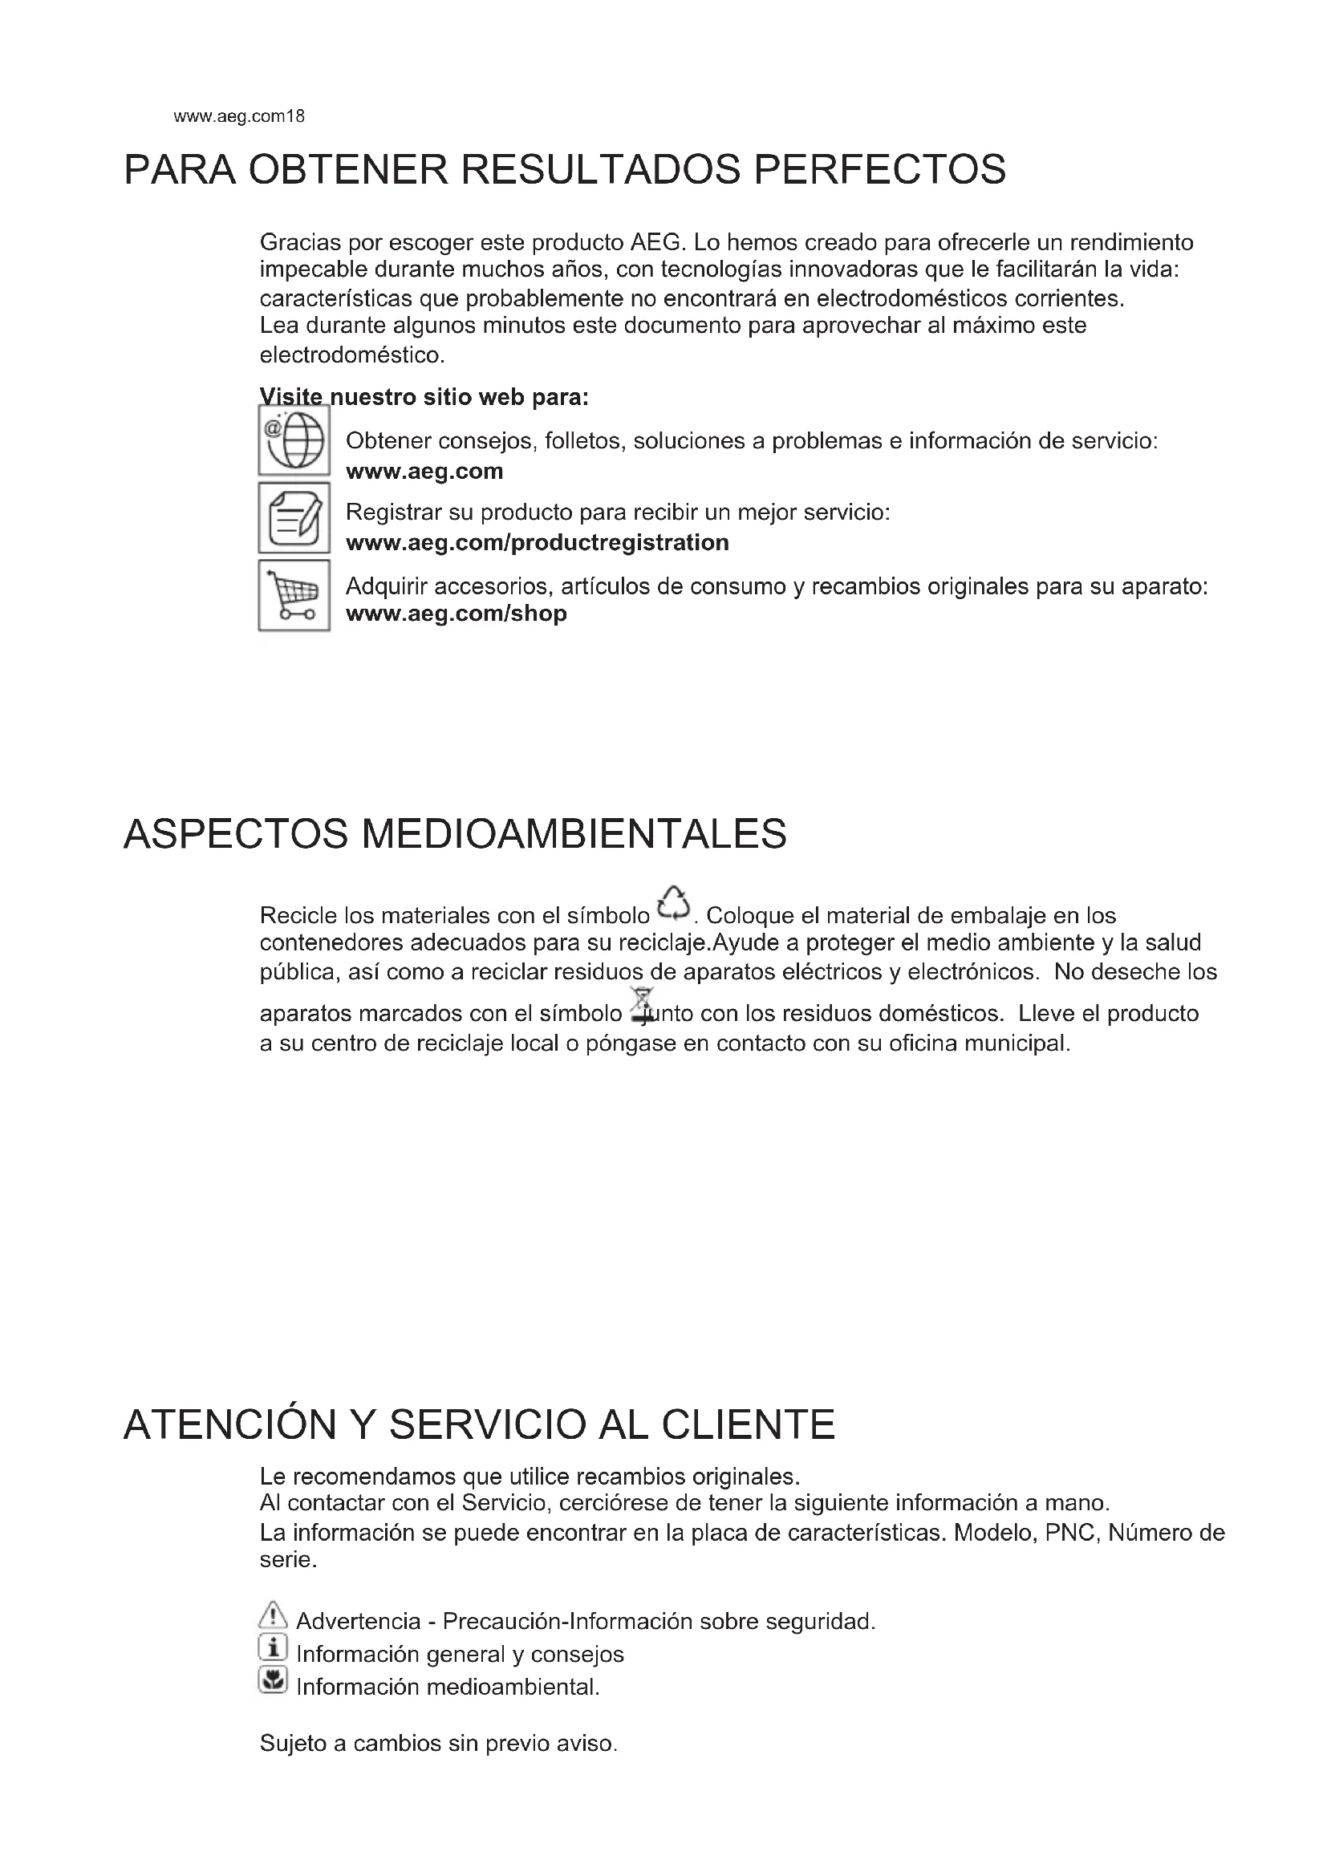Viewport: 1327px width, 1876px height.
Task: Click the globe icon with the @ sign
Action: coord(294,440)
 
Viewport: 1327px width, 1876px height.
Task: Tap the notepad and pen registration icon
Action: coord(294,517)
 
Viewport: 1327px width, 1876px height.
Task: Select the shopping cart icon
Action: coord(294,595)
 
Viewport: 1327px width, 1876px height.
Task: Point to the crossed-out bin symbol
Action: coord(643,1005)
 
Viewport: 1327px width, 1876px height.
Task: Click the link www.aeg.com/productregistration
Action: coord(537,542)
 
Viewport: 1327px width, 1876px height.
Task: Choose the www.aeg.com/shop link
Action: coord(456,614)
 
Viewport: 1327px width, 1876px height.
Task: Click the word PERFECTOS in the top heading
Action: coord(879,170)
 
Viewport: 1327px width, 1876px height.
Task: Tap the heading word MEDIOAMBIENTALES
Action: coord(574,834)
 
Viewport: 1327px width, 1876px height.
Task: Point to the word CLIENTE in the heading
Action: coord(748,1424)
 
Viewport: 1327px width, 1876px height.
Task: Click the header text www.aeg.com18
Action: coord(238,116)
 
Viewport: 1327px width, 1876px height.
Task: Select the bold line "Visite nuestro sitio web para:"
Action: coord(424,398)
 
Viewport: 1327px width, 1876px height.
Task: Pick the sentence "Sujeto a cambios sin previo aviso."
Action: coord(438,1743)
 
